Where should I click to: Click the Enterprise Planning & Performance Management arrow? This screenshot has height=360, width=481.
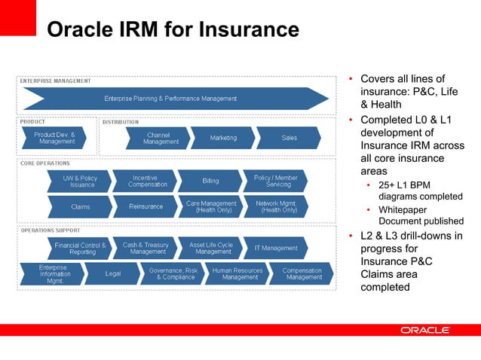pyautogui.click(x=172, y=99)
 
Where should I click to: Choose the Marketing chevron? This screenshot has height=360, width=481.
pyautogui.click(x=223, y=138)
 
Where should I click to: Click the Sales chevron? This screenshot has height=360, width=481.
pyautogui.click(x=289, y=138)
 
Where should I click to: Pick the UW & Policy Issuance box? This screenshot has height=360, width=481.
pyautogui.click(x=80, y=182)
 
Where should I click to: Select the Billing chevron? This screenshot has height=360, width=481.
pyautogui.click(x=210, y=182)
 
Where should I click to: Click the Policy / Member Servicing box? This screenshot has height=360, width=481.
pyautogui.click(x=275, y=182)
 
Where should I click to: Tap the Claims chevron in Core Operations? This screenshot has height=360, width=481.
pyautogui.click(x=80, y=206)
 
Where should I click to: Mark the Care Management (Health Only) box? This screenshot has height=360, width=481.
pyautogui.click(x=210, y=206)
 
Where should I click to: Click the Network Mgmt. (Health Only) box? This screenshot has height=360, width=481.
pyautogui.click(x=275, y=206)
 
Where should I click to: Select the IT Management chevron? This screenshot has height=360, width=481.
pyautogui.click(x=275, y=248)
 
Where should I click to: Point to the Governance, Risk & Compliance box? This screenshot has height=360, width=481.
pyautogui.click(x=173, y=273)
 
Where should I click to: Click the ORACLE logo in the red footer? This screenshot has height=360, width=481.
pyautogui.click(x=425, y=331)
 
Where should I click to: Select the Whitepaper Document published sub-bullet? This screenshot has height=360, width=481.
pyautogui.click(x=420, y=215)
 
